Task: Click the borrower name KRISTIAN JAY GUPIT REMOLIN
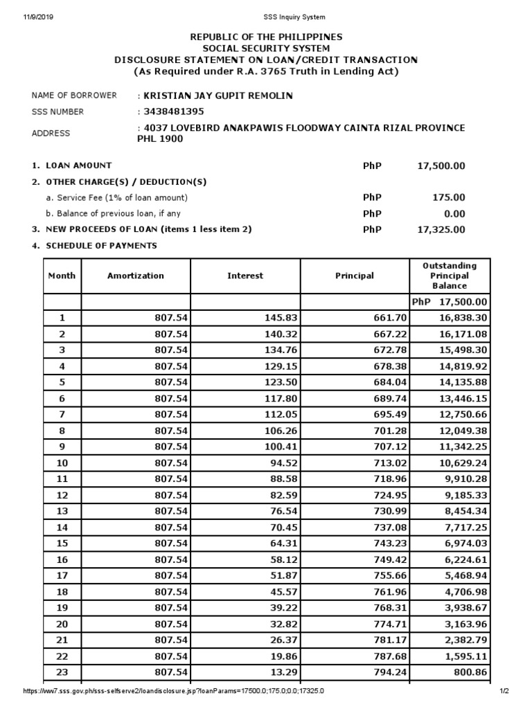click(x=218, y=96)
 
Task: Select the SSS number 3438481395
click(x=174, y=111)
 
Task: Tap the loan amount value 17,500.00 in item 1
click(x=441, y=166)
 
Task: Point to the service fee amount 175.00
click(x=449, y=197)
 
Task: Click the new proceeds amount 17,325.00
click(x=441, y=230)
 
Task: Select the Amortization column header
click(x=136, y=276)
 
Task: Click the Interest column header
click(x=245, y=276)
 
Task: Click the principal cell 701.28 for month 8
click(x=391, y=430)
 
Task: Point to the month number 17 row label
click(x=62, y=575)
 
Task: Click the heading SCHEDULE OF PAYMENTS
click(x=101, y=246)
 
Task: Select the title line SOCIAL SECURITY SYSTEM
click(x=266, y=48)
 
